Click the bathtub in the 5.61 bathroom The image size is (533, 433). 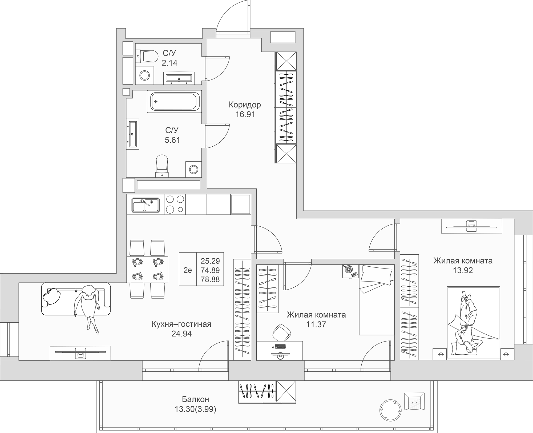(x=175, y=101)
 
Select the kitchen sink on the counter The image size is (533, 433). (x=146, y=205)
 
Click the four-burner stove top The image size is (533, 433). (x=175, y=205)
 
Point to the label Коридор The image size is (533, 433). (x=245, y=105)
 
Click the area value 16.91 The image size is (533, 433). (x=245, y=114)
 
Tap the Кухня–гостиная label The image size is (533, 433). (x=181, y=324)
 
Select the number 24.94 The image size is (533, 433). (x=181, y=334)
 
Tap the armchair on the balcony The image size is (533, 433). (x=414, y=401)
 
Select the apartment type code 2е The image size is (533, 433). (x=188, y=270)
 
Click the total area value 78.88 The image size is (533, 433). (x=210, y=279)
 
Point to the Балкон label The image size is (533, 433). (x=195, y=399)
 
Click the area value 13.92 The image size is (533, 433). (x=463, y=270)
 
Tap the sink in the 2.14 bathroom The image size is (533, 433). (x=179, y=78)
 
